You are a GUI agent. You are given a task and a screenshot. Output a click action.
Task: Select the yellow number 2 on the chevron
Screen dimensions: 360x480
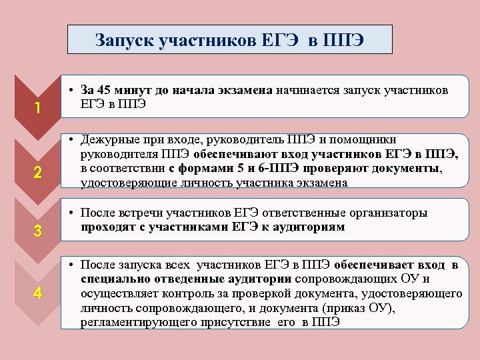pos(38,173)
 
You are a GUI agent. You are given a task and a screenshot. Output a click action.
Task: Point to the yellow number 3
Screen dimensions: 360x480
pos(38,232)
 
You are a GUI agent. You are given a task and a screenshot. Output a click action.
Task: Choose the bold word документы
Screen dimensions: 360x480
pos(407,169)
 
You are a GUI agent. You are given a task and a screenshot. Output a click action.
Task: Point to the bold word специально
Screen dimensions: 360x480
pos(110,279)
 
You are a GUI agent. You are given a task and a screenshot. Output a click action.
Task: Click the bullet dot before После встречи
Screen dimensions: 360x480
pos(71,213)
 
